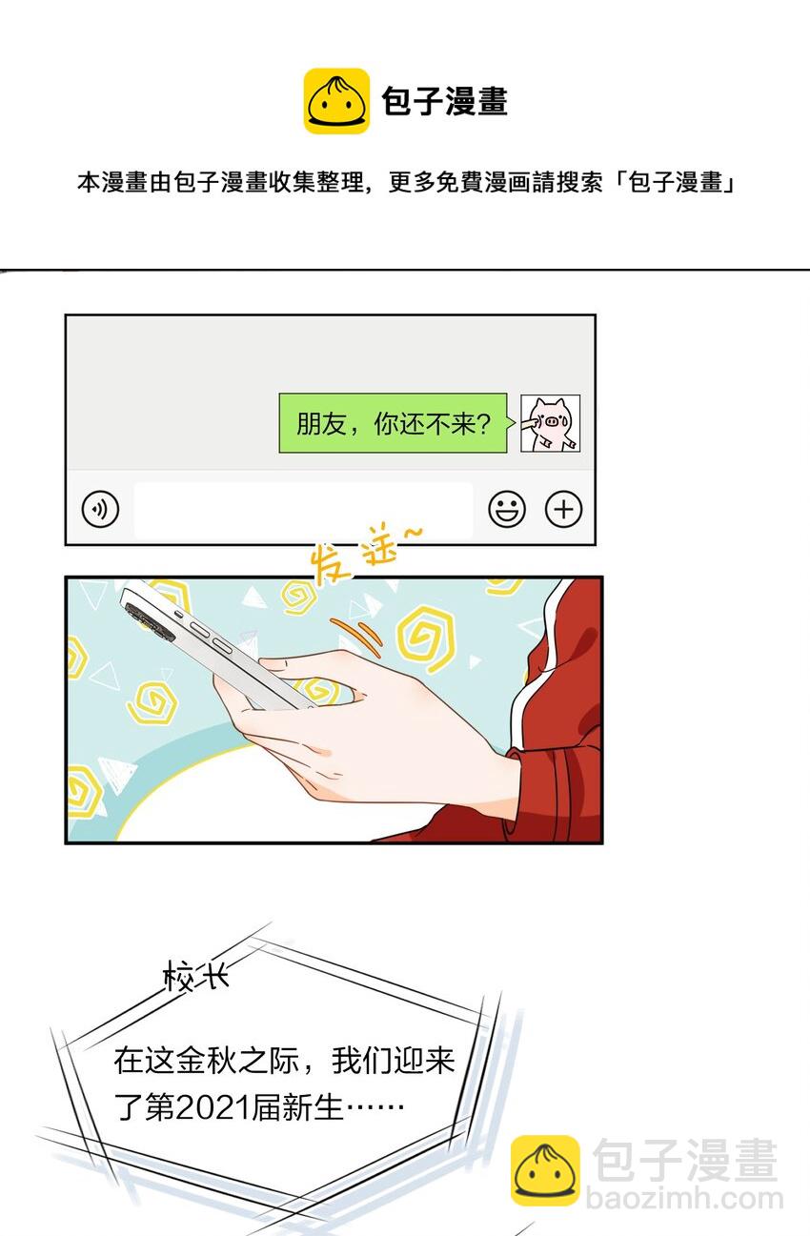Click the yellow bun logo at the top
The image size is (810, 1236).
(336, 101)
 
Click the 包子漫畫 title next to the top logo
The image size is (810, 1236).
(444, 102)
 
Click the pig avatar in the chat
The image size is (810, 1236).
(550, 424)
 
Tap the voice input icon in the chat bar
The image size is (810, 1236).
(100, 510)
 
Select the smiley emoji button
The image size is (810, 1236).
(507, 510)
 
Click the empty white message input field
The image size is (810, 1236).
(303, 510)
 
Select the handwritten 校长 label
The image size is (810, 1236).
(196, 978)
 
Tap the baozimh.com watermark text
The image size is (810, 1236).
(683, 1198)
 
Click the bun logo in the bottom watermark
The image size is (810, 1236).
(544, 1169)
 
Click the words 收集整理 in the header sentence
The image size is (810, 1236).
(319, 183)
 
